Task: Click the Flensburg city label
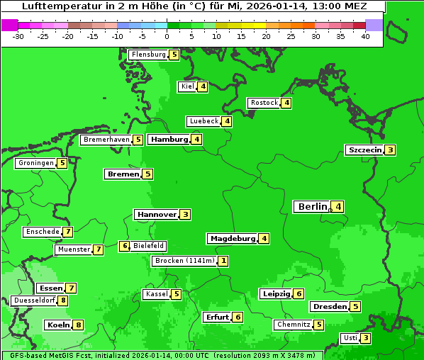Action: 149,55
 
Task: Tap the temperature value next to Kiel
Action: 203,87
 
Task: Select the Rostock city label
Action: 264,103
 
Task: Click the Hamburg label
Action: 169,140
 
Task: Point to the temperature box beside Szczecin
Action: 390,150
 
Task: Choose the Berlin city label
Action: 313,207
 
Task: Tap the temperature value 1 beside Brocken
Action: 223,261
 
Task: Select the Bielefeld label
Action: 149,246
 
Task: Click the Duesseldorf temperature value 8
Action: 63,300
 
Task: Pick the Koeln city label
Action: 58,325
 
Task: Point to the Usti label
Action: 350,338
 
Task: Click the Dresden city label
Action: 329,307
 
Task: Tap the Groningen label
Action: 36,163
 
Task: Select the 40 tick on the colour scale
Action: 365,36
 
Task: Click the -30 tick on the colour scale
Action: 18,36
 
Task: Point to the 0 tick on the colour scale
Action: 167,36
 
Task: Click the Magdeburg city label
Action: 233,239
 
